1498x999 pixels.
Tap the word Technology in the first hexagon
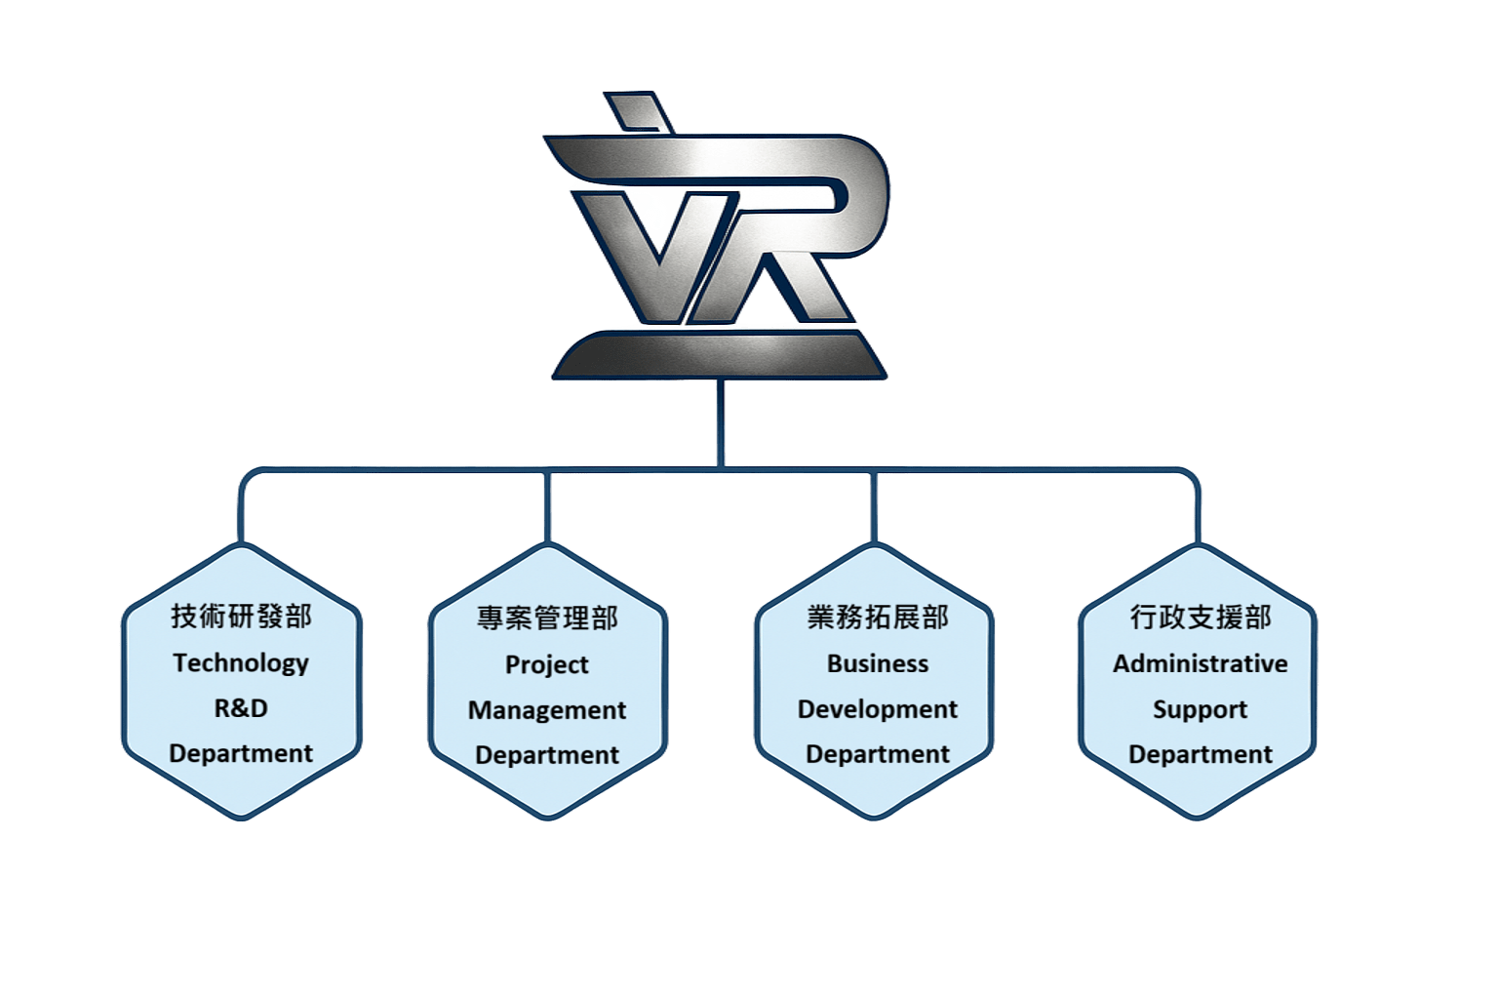241,663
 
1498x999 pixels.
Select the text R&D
241,708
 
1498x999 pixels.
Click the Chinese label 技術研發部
241,618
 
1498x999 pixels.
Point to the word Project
547,665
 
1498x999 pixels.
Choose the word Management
547,710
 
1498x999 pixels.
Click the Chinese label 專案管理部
547,619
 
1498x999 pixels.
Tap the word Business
878,663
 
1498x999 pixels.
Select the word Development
878,709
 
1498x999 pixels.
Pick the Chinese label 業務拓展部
878,618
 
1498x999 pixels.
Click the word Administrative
1201,664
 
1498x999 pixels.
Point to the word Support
1201,709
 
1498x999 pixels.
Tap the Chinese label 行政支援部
1201,618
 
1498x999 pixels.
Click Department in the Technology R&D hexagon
241,754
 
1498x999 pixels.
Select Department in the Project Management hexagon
547,755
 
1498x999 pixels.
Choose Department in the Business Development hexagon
878,754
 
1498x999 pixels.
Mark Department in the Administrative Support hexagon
1201,755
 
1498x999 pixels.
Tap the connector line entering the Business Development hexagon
873,507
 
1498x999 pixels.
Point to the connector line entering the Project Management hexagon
548,507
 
